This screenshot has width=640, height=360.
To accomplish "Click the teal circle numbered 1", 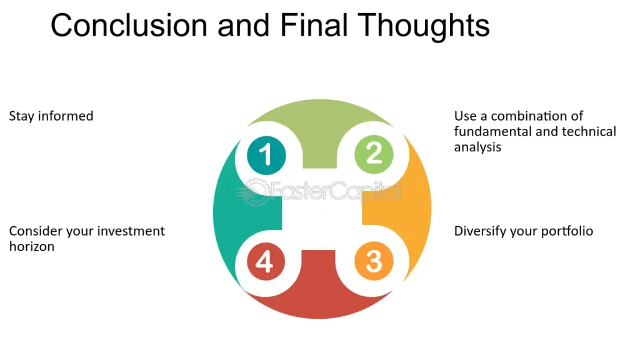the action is [x=266, y=155].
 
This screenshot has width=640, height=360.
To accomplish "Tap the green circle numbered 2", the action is [x=374, y=154].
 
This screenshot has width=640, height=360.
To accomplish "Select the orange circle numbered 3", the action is [x=374, y=261].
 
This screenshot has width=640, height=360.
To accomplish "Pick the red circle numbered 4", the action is [x=266, y=261].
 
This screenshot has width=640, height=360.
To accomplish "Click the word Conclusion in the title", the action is [x=129, y=25].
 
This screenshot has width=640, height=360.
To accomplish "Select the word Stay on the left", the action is [x=21, y=116].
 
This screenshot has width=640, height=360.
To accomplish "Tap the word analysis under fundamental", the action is [x=477, y=147].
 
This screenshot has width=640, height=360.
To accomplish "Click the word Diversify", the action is [x=480, y=231].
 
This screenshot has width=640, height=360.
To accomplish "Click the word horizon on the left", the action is [x=32, y=246].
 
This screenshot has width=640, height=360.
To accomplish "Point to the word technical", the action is [x=589, y=131].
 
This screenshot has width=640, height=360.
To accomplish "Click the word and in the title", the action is [x=243, y=25].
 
